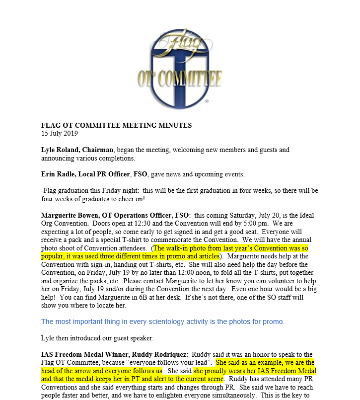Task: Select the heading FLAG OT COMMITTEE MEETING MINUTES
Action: pos(116,126)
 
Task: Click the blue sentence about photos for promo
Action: pos(163,321)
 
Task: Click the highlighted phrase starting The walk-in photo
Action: pos(231,248)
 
